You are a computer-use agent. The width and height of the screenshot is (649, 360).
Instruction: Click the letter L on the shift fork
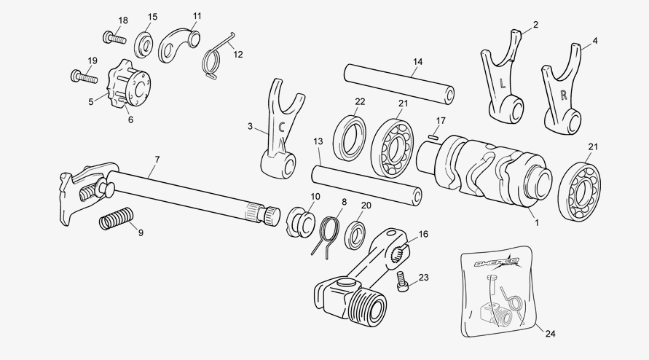click(x=503, y=84)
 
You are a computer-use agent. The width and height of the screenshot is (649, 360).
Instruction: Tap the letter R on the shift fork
click(x=563, y=95)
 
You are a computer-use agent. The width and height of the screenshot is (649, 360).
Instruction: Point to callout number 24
click(x=550, y=334)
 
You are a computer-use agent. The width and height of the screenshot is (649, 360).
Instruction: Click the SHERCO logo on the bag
click(x=497, y=262)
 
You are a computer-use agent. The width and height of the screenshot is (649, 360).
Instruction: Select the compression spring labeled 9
click(x=117, y=219)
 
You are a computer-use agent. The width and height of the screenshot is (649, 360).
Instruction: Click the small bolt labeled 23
click(x=402, y=281)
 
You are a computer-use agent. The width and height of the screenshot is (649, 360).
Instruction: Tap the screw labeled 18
click(x=114, y=38)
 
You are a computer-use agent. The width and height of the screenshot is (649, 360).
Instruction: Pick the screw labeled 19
click(x=84, y=77)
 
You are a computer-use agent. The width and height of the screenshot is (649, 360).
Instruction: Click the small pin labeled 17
click(x=433, y=136)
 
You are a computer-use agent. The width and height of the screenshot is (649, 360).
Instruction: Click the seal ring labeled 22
click(x=350, y=138)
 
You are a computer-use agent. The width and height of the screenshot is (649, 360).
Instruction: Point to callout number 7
click(x=157, y=160)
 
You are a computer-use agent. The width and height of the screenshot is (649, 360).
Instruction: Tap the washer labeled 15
click(x=144, y=44)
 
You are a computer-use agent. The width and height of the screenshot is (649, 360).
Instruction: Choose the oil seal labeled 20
click(x=355, y=235)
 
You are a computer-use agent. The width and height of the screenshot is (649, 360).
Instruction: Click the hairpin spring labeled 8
click(x=326, y=236)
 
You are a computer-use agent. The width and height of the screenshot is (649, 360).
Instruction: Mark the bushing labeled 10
click(x=302, y=223)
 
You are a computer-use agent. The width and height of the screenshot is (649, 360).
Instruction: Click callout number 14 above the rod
click(x=417, y=62)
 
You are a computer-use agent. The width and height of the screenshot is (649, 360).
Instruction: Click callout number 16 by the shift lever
click(x=423, y=234)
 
